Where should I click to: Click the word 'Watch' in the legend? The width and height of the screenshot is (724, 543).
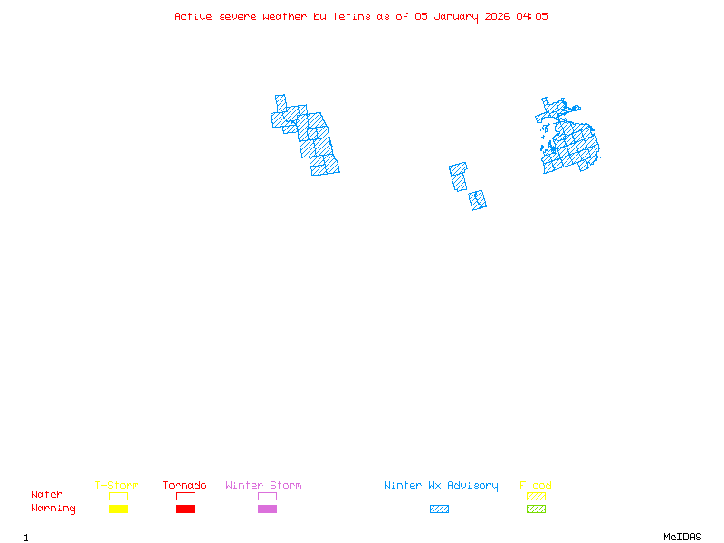[x=47, y=495]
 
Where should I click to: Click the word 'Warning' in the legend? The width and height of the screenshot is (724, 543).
[x=53, y=509]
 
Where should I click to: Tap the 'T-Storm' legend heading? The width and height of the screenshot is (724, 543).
[x=117, y=486]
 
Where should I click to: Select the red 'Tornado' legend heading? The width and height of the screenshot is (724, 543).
[x=185, y=486]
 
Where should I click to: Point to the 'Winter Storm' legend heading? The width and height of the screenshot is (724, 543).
[x=263, y=486]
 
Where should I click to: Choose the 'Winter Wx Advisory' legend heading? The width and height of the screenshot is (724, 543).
[x=441, y=486]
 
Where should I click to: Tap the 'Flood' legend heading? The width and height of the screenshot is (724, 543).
[x=536, y=486]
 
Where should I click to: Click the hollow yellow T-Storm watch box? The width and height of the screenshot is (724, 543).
[x=118, y=496]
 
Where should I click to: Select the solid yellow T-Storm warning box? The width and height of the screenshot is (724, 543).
[x=118, y=510]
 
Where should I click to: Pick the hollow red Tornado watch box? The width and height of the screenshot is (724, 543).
[x=186, y=496]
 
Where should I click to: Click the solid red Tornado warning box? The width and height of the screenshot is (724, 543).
[x=186, y=510]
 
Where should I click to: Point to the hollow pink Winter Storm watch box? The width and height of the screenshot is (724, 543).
[x=267, y=496]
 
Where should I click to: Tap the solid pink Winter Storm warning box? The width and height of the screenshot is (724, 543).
[x=267, y=510]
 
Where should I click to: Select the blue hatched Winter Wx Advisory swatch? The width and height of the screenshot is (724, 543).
[x=439, y=510]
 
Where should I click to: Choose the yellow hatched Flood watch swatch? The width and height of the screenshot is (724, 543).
[x=536, y=496]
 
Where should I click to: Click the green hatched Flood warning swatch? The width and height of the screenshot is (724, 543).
[x=536, y=510]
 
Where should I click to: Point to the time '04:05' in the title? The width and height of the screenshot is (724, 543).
[x=532, y=16]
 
